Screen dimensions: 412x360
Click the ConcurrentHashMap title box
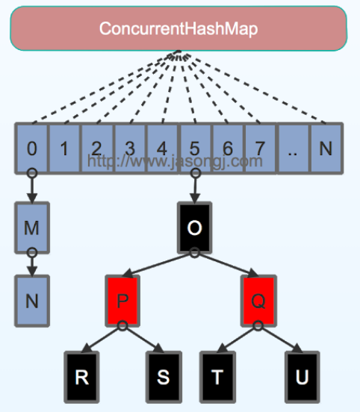[179, 28]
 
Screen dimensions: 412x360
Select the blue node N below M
[31, 302]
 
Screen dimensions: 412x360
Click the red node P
[122, 302]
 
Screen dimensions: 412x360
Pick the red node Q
[258, 302]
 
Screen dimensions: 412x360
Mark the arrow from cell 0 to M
[31, 187]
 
